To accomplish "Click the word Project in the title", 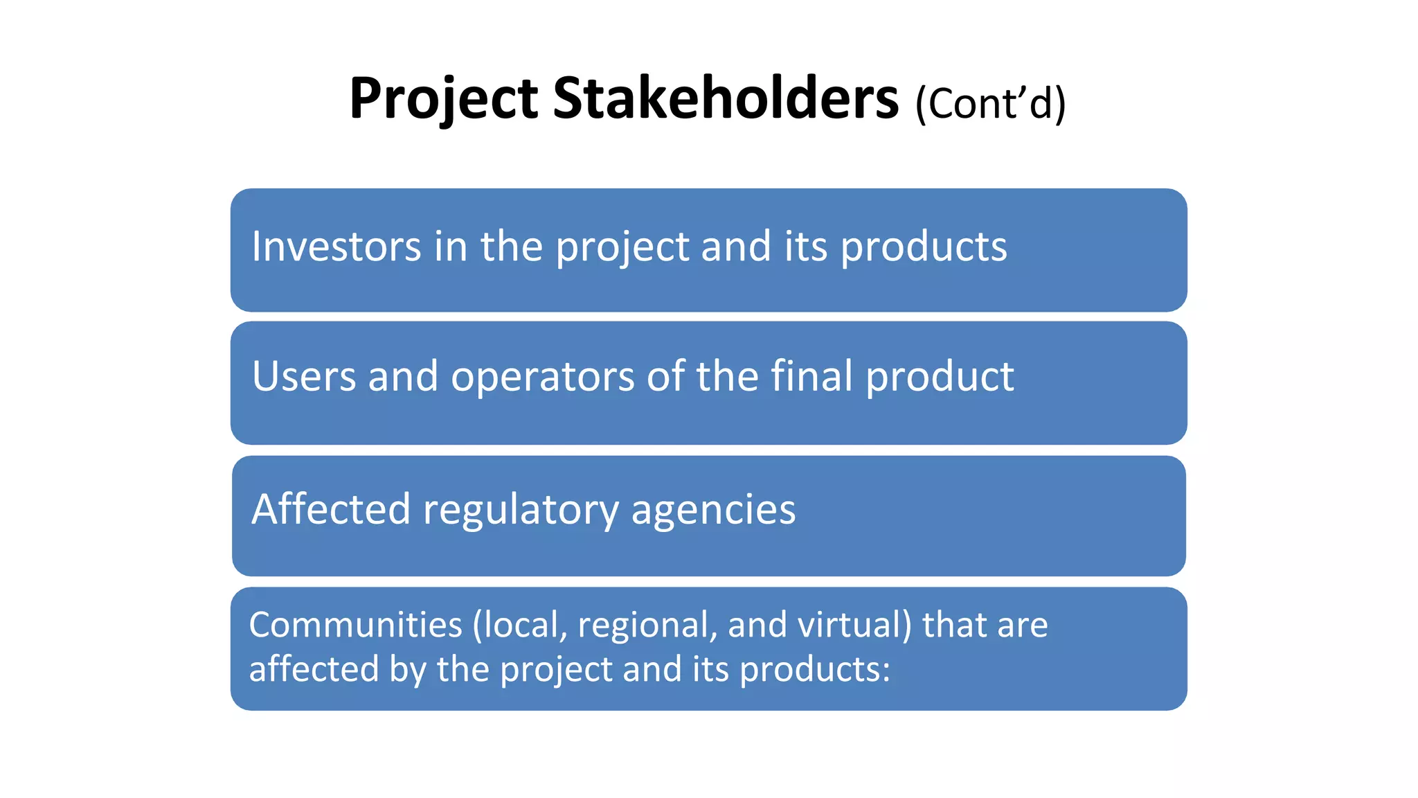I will click(443, 99).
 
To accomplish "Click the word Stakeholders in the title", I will click(725, 99).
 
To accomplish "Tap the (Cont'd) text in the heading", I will click(990, 104).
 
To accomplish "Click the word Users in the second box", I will click(303, 376).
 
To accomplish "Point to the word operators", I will click(542, 378).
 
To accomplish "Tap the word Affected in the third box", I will click(330, 509).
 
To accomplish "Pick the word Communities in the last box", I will click(355, 625).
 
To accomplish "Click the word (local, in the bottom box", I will click(520, 625).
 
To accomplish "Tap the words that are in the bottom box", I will click(985, 625).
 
